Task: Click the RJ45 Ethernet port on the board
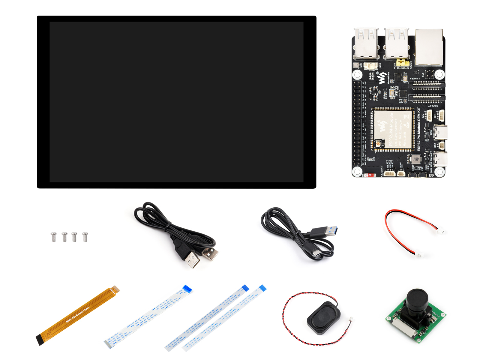pyautogui.click(x=429, y=47)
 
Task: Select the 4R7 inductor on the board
pyautogui.click(x=416, y=159)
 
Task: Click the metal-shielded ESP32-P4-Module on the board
pyautogui.click(x=393, y=130)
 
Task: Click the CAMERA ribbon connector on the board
pyautogui.click(x=426, y=85)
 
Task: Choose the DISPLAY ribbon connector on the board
pyautogui.click(x=426, y=97)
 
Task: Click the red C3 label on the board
pyautogui.click(x=369, y=175)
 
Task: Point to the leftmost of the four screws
pyautogui.click(x=54, y=237)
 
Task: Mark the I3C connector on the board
pyautogui.click(x=429, y=115)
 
